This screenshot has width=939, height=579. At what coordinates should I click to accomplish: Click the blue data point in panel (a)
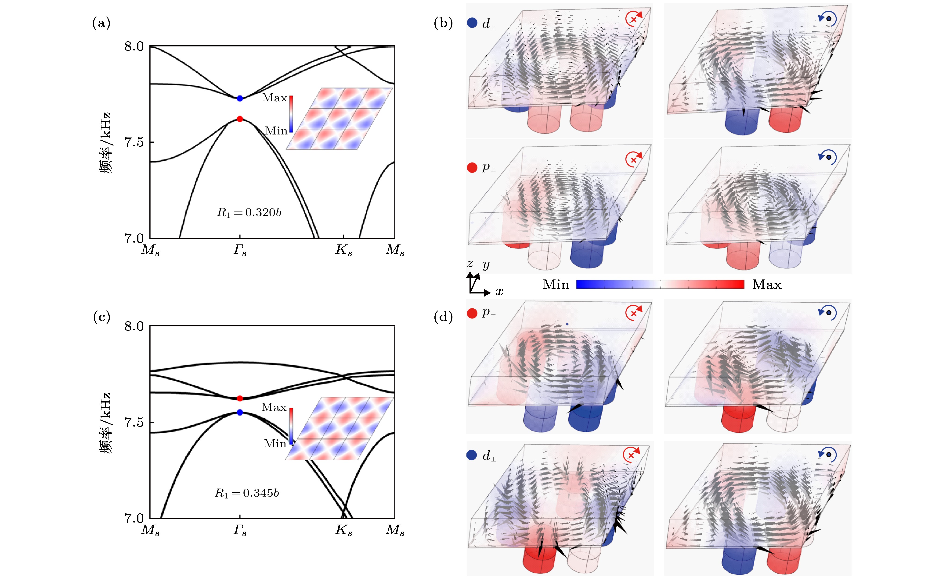pyautogui.click(x=240, y=99)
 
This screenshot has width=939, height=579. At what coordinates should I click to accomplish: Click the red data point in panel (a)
pyautogui.click(x=240, y=119)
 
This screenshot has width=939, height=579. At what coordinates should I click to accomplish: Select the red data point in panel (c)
pyautogui.click(x=240, y=399)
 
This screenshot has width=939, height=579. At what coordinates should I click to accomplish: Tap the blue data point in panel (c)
pyautogui.click(x=240, y=413)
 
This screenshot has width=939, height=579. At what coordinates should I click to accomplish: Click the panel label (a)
pyautogui.click(x=101, y=23)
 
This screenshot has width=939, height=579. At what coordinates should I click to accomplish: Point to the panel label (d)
pyautogui.click(x=443, y=317)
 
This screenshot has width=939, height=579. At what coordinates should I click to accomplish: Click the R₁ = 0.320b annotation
pyautogui.click(x=249, y=212)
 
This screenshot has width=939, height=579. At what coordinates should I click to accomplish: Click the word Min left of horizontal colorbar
pyautogui.click(x=556, y=285)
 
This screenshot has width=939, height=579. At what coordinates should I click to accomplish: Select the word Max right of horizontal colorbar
pyautogui.click(x=766, y=285)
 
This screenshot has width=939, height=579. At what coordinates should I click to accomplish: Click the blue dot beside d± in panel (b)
pyautogui.click(x=472, y=23)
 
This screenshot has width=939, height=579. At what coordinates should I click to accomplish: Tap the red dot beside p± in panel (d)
pyautogui.click(x=472, y=313)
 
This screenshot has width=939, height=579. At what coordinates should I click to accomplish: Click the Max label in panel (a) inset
pyautogui.click(x=274, y=98)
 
